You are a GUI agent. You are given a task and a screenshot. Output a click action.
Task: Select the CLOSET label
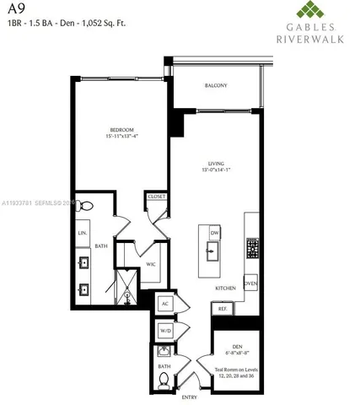coord(157,196)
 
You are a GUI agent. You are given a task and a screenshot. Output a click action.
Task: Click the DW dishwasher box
coord(214,231)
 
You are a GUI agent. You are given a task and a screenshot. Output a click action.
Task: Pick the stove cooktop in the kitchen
coord(251,248)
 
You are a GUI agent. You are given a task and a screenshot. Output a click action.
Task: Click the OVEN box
coord(250,283)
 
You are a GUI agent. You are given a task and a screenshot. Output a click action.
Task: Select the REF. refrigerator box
coord(223,309)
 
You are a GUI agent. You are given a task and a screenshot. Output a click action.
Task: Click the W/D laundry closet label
coord(164,330)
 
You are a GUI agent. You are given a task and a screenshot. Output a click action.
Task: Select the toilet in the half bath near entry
coord(164,381)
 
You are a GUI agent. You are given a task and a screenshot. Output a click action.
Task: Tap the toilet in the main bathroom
coord(86,205)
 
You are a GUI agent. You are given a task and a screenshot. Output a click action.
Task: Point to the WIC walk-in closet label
coord(151,264)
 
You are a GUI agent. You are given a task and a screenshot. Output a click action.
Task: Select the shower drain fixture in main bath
coord(128,296)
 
